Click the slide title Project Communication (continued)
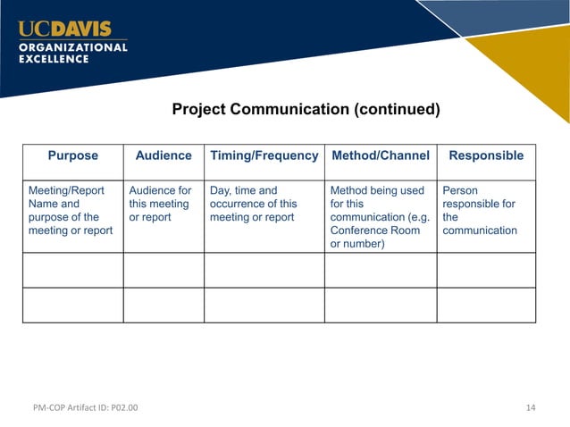point(306,110)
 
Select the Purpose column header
point(73,155)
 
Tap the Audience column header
point(163,155)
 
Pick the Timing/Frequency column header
point(264,155)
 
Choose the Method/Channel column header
point(381,155)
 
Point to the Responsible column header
point(486,155)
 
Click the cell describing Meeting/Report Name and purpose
point(71,211)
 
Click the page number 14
point(531,408)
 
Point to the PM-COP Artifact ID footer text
point(81,408)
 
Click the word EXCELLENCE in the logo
point(54,59)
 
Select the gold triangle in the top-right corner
point(531,67)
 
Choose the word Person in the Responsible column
point(460,190)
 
